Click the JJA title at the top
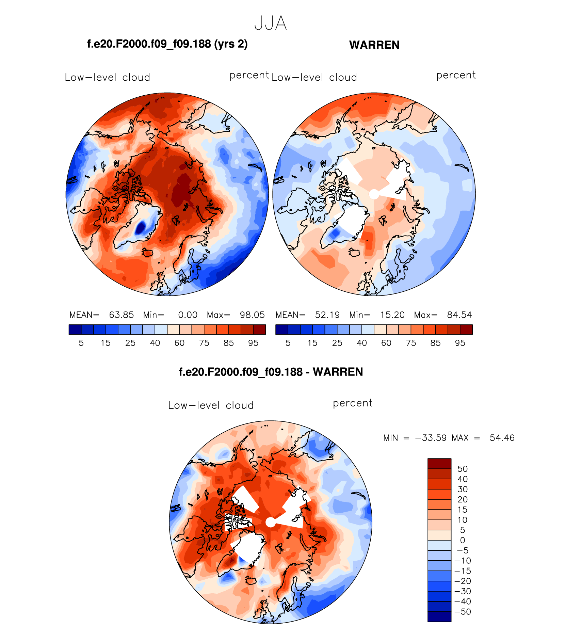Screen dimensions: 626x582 [x=271, y=23]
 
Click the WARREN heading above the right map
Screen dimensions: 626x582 [x=374, y=45]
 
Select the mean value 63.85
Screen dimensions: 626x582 [x=121, y=315]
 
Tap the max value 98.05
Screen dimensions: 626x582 [x=252, y=315]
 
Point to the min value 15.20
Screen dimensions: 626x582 [x=392, y=315]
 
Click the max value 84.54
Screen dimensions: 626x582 [x=459, y=315]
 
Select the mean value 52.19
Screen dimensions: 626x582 [x=327, y=315]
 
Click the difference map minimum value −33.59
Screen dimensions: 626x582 [x=431, y=438]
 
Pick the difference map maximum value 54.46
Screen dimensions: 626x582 [x=502, y=438]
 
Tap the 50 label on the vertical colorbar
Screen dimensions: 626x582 [x=463, y=469]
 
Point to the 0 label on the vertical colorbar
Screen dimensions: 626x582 [x=463, y=540]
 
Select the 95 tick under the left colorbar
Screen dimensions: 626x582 [x=253, y=343]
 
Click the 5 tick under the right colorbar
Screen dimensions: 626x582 [x=288, y=343]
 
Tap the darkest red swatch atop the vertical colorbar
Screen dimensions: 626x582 [x=439, y=464]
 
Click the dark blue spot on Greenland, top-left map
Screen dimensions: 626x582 [x=140, y=227]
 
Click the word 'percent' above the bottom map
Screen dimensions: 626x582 [x=353, y=403]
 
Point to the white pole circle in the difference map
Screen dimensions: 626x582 [x=270, y=522]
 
